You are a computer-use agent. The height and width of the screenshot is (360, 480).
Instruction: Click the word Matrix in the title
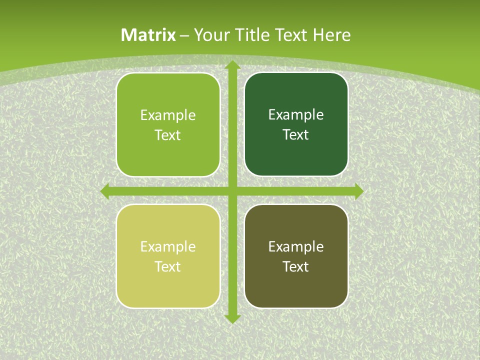click(148, 35)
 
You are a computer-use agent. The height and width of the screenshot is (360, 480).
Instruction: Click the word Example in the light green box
click(168, 115)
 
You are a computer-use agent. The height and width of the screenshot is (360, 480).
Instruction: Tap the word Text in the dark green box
click(296, 135)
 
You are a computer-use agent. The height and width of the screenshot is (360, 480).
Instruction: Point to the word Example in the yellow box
click(168, 247)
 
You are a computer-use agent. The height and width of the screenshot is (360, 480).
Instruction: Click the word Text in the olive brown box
click(296, 267)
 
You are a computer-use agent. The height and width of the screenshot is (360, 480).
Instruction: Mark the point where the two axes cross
click(232, 191)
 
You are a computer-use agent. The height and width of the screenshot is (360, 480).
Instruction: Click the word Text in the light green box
click(168, 135)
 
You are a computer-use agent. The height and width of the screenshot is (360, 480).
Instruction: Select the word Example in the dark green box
click(296, 115)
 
